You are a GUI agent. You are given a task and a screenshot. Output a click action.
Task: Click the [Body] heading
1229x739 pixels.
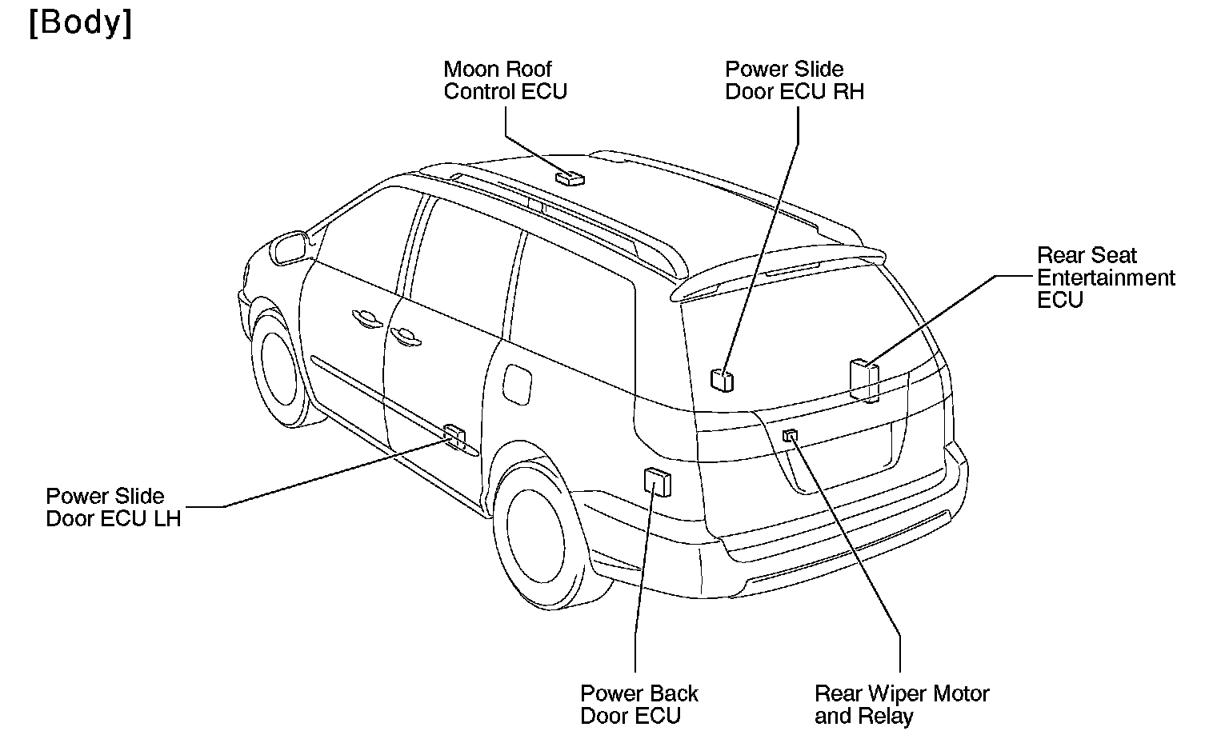(x=80, y=24)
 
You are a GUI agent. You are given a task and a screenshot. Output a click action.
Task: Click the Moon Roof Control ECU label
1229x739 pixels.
(x=505, y=81)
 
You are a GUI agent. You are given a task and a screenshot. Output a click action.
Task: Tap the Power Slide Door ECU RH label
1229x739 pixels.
(x=794, y=81)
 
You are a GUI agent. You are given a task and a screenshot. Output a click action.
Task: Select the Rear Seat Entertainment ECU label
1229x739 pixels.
(x=1105, y=278)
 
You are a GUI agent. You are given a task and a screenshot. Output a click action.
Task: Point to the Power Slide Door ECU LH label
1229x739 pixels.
(x=113, y=508)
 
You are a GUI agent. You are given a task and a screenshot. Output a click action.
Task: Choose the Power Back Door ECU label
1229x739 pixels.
(x=639, y=705)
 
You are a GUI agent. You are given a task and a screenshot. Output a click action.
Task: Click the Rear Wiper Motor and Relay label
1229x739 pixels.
(x=901, y=705)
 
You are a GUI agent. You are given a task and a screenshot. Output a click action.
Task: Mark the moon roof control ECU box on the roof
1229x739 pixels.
(x=570, y=178)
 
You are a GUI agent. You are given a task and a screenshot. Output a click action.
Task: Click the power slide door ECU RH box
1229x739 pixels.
(x=722, y=379)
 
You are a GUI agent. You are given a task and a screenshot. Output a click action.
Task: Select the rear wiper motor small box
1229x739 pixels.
(x=791, y=435)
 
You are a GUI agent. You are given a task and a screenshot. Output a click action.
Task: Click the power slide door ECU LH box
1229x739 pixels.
(x=454, y=437)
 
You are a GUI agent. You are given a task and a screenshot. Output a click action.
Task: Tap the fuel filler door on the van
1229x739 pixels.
(x=516, y=383)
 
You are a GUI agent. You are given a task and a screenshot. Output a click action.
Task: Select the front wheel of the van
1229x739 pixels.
(x=276, y=369)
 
